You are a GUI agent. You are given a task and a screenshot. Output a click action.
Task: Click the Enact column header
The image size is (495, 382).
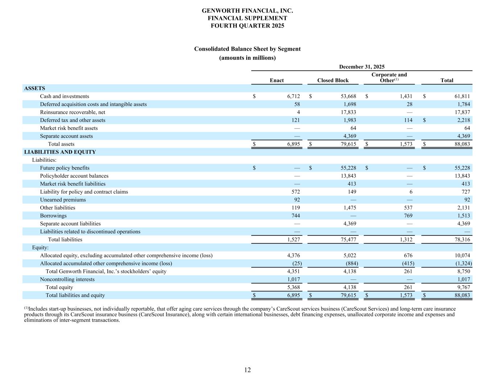coord(277,80)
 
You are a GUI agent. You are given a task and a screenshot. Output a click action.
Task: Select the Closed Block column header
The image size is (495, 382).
coord(333,80)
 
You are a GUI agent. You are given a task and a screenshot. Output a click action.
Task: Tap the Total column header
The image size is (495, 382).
coord(446,80)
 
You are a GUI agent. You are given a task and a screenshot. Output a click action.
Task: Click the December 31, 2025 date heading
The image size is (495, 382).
coord(362,67)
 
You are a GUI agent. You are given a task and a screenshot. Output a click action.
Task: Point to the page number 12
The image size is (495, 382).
coord(247,370)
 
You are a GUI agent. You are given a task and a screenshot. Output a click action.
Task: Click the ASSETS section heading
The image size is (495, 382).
coord(34,88)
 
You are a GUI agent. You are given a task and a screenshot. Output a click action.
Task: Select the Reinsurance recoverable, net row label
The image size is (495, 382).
coord(73,112)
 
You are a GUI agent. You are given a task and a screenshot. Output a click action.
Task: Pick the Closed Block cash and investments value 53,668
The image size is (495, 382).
coord(347,96)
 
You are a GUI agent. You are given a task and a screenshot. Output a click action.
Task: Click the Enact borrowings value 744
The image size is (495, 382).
coord(295,216)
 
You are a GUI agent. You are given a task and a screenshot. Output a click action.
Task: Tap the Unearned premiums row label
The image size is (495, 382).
coord(63,200)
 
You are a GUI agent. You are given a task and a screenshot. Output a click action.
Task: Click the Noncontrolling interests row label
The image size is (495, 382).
coord(67,280)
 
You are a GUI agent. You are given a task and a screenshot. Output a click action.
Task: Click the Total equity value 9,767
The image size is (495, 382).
coord(463,287)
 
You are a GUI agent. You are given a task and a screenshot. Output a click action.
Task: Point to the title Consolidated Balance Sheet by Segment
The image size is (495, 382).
coord(247,49)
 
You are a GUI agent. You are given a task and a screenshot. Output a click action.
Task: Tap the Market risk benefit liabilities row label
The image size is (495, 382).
coord(73,184)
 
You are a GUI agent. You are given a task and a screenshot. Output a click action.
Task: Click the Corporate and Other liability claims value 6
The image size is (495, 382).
coord(411,192)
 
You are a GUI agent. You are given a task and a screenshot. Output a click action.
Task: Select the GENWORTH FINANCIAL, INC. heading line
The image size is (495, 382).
coord(247,11)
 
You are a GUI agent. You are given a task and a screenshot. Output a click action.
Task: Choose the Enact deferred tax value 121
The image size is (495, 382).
coord(295,120)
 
